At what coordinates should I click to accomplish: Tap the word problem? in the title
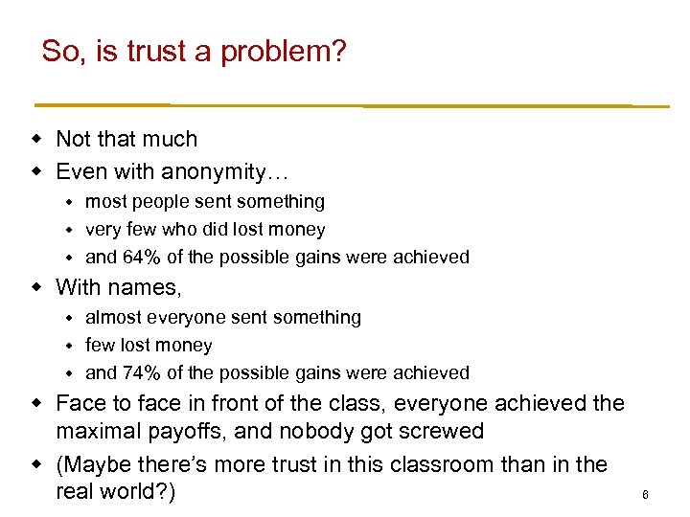(x=284, y=53)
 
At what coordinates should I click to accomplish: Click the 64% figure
(x=139, y=257)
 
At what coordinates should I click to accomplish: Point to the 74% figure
(x=139, y=372)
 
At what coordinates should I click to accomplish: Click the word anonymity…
(x=225, y=172)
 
